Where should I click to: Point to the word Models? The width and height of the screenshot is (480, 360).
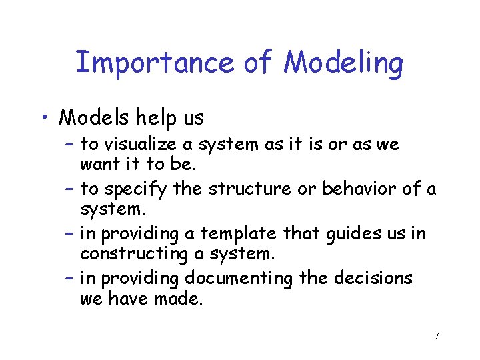pyautogui.click(x=94, y=118)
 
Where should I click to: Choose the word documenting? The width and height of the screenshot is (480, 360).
pyautogui.click(x=239, y=278)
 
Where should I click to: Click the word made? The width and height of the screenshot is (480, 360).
pyautogui.click(x=179, y=299)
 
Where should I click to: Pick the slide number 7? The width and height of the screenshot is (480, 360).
pyautogui.click(x=436, y=336)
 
